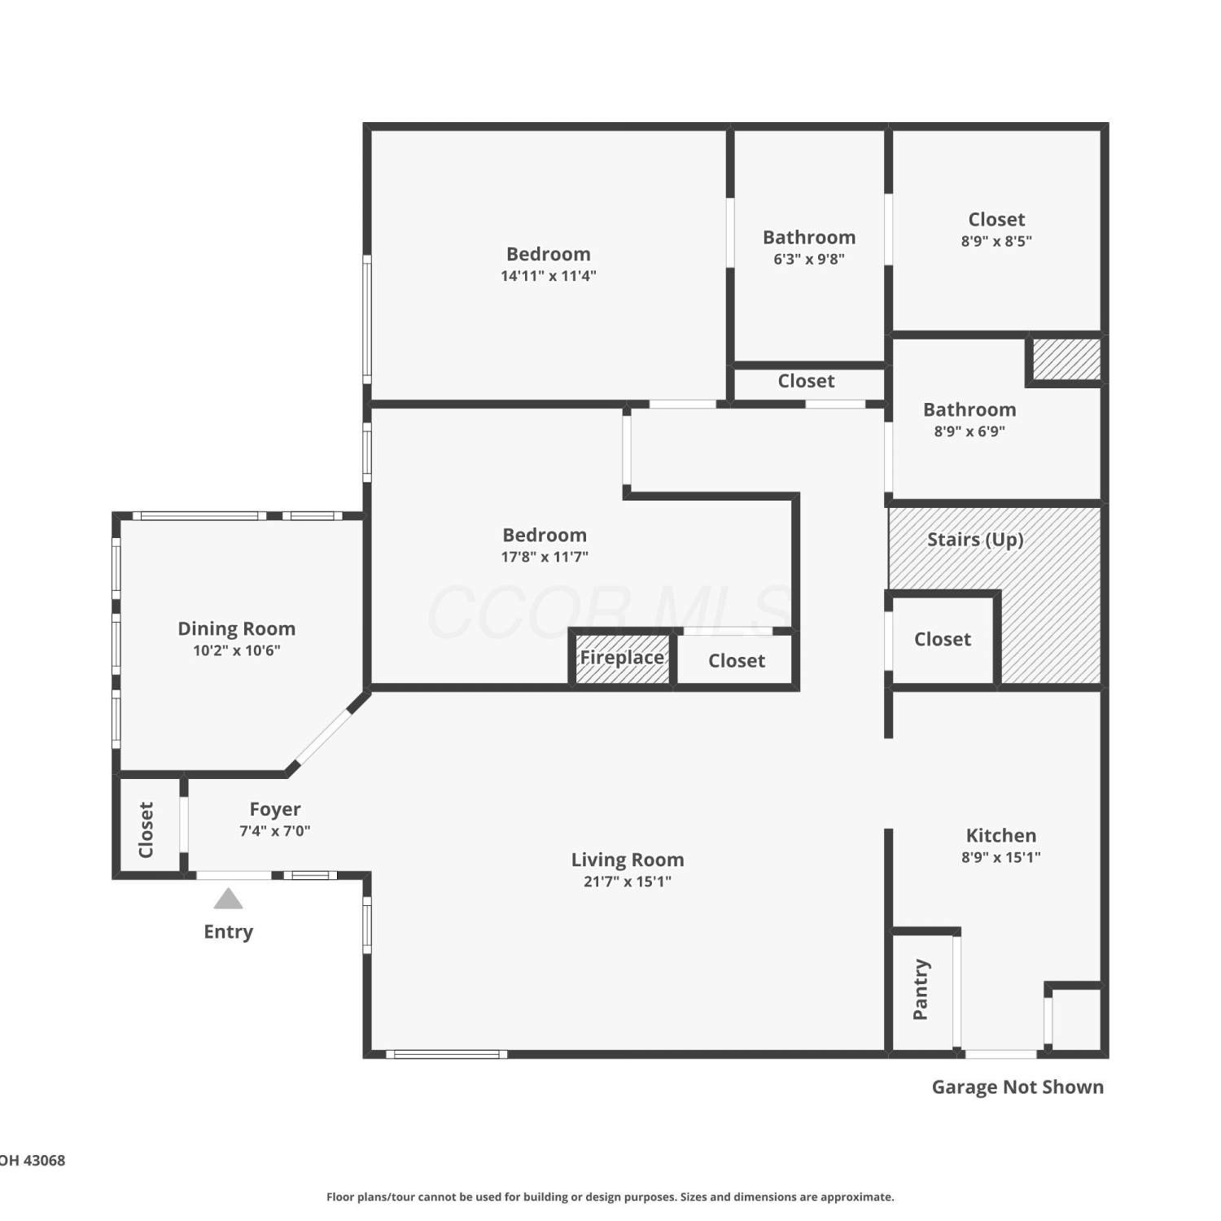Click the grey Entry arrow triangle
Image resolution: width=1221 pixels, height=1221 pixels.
pos(229,899)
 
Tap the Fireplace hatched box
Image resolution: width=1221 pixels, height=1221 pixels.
pos(622,658)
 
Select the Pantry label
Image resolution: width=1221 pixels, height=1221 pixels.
pos(921,989)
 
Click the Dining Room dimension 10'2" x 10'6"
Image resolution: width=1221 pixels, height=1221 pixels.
pos(237,650)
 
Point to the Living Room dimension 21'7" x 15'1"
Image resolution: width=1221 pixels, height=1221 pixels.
pos(628,881)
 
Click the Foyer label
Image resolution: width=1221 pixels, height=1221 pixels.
pos(275,809)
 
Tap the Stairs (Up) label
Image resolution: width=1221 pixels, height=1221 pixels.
pos(975,540)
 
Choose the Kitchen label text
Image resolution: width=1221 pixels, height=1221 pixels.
pos(1001,835)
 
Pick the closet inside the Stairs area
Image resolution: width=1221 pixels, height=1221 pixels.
pos(943,639)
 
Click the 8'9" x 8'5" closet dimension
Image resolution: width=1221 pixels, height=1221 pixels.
pos(996,241)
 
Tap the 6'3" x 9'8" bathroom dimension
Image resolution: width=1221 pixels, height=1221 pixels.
pos(809,259)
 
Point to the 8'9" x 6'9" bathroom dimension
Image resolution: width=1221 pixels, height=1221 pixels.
pos(969,431)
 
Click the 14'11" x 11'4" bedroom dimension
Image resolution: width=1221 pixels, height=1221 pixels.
pos(549,276)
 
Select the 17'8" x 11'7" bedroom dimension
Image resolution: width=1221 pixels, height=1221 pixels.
pos(545,557)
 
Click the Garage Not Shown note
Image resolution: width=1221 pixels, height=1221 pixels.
pos(1017,1087)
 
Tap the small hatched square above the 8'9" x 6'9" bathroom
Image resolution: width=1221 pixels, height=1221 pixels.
pos(1067,359)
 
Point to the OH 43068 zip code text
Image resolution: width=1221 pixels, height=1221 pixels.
pos(33,1160)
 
